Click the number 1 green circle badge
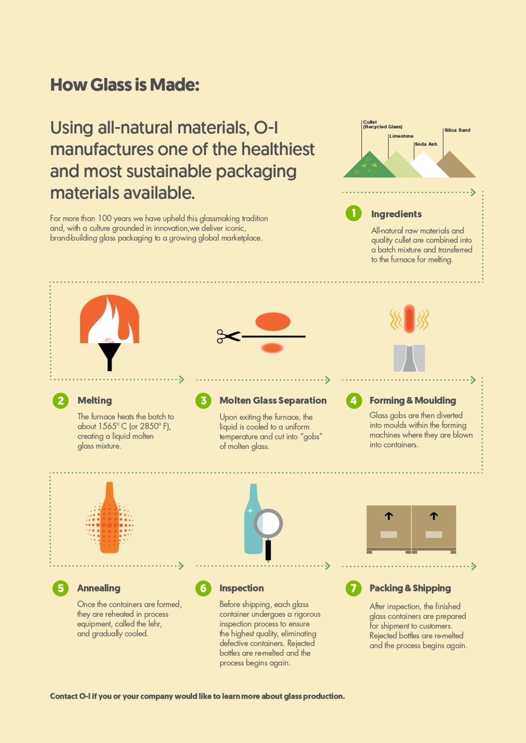click(353, 213)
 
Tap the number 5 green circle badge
click(61, 588)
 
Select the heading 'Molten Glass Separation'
click(273, 400)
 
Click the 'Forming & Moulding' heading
click(412, 400)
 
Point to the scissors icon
click(228, 336)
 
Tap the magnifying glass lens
click(268, 524)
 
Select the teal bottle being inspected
click(253, 519)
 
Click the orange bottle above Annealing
click(110, 517)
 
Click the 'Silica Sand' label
click(457, 130)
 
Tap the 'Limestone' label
click(401, 136)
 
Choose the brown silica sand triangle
click(456, 165)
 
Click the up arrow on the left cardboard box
click(389, 516)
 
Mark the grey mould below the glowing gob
click(409, 358)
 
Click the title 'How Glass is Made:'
click(125, 85)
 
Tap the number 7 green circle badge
click(353, 588)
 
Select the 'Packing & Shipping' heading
click(410, 588)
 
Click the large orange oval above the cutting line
click(273, 322)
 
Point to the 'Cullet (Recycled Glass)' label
click(383, 124)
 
